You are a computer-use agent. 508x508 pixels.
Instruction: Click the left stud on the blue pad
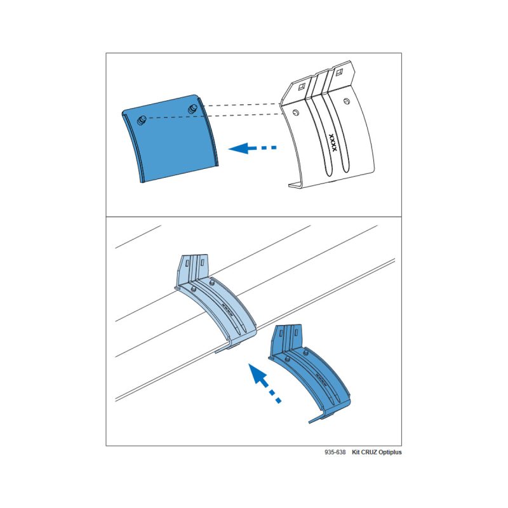pyautogui.click(x=142, y=120)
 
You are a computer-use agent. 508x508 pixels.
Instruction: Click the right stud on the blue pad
pyautogui.click(x=193, y=109)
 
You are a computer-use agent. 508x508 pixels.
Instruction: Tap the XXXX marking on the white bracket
pyautogui.click(x=333, y=142)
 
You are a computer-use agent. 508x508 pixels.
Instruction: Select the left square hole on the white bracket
pyautogui.click(x=302, y=86)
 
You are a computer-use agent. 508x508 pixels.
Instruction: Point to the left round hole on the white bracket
pyautogui.click(x=295, y=113)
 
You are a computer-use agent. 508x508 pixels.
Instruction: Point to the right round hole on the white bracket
pyautogui.click(x=347, y=102)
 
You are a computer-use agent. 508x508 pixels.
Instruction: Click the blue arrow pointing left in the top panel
pyautogui.click(x=252, y=148)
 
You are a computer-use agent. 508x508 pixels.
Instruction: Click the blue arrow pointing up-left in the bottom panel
pyautogui.click(x=264, y=383)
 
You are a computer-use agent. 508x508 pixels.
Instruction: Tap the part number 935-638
pyautogui.click(x=335, y=452)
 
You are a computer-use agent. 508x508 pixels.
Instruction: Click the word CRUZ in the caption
pyautogui.click(x=369, y=452)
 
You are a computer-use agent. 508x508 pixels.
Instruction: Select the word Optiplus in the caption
pyautogui.click(x=390, y=452)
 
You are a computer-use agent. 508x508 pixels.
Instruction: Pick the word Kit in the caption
pyautogui.click(x=356, y=452)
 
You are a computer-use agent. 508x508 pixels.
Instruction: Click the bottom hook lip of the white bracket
pyautogui.click(x=296, y=185)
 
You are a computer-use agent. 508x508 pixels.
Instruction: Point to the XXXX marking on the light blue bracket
pyautogui.click(x=227, y=308)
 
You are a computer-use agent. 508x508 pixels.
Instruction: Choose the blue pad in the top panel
pyautogui.click(x=170, y=138)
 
